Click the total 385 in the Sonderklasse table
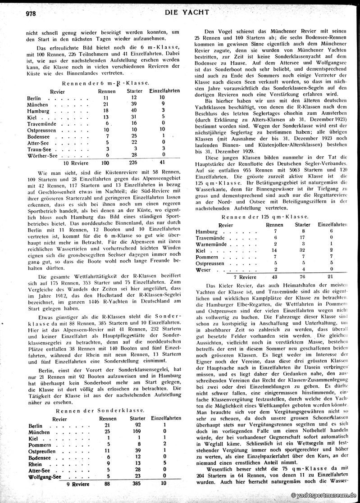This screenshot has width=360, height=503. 134,484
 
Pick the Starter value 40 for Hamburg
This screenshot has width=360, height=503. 134,110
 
